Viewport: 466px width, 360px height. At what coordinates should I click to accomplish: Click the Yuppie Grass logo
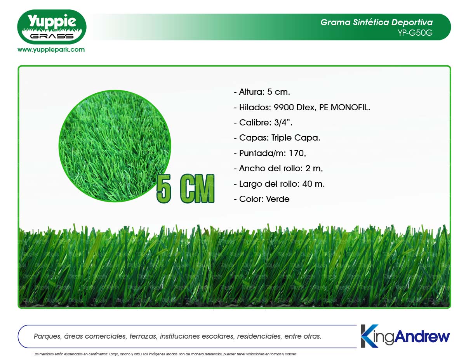52,27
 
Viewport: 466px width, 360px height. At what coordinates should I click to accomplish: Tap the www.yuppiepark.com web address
51,50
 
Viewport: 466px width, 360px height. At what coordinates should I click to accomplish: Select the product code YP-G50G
415,33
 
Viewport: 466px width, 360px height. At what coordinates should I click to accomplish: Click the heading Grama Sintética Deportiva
376,22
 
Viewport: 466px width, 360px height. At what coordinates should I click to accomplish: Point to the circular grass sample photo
115,146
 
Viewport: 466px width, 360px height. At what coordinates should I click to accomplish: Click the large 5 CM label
185,188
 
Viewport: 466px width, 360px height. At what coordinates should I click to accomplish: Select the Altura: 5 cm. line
262,92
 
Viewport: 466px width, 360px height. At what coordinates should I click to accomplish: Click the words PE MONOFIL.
344,107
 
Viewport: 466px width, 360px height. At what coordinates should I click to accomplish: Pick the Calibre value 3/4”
283,122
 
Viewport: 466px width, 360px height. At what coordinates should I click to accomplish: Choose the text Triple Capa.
296,137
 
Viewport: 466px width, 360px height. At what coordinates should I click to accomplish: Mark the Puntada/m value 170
297,153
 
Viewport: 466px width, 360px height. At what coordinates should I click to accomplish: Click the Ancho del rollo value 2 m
314,168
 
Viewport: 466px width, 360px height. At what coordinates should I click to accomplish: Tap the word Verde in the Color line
278,199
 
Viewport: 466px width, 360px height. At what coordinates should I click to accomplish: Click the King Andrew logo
405,336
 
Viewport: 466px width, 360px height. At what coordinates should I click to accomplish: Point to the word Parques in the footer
47,336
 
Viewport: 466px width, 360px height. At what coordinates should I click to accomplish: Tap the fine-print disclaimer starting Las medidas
165,354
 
